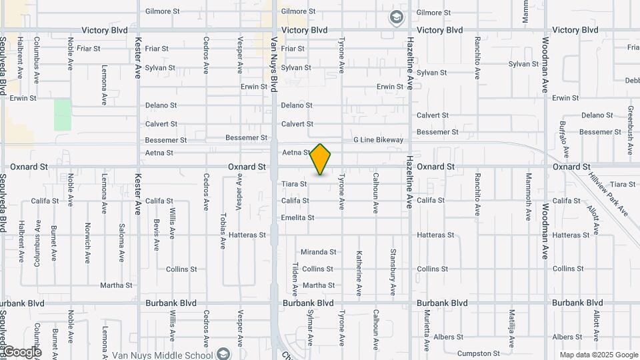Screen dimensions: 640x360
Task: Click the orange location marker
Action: click(321, 159)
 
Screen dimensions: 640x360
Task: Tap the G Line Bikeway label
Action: click(379, 140)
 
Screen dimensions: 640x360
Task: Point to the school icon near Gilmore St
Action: click(397, 16)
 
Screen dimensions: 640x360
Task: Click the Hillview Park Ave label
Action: click(608, 193)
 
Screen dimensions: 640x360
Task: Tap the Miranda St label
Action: click(319, 252)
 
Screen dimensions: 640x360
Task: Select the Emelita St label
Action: click(297, 217)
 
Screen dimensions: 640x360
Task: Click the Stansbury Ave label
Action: click(393, 272)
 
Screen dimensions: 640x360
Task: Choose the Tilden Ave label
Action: click(294, 279)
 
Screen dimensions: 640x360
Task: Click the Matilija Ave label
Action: click(511, 328)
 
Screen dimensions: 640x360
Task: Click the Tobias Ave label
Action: click(223, 231)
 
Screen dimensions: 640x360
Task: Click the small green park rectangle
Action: click(63, 115)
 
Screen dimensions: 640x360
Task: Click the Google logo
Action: click(22, 352)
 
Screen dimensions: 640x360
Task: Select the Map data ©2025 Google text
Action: click(598, 355)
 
